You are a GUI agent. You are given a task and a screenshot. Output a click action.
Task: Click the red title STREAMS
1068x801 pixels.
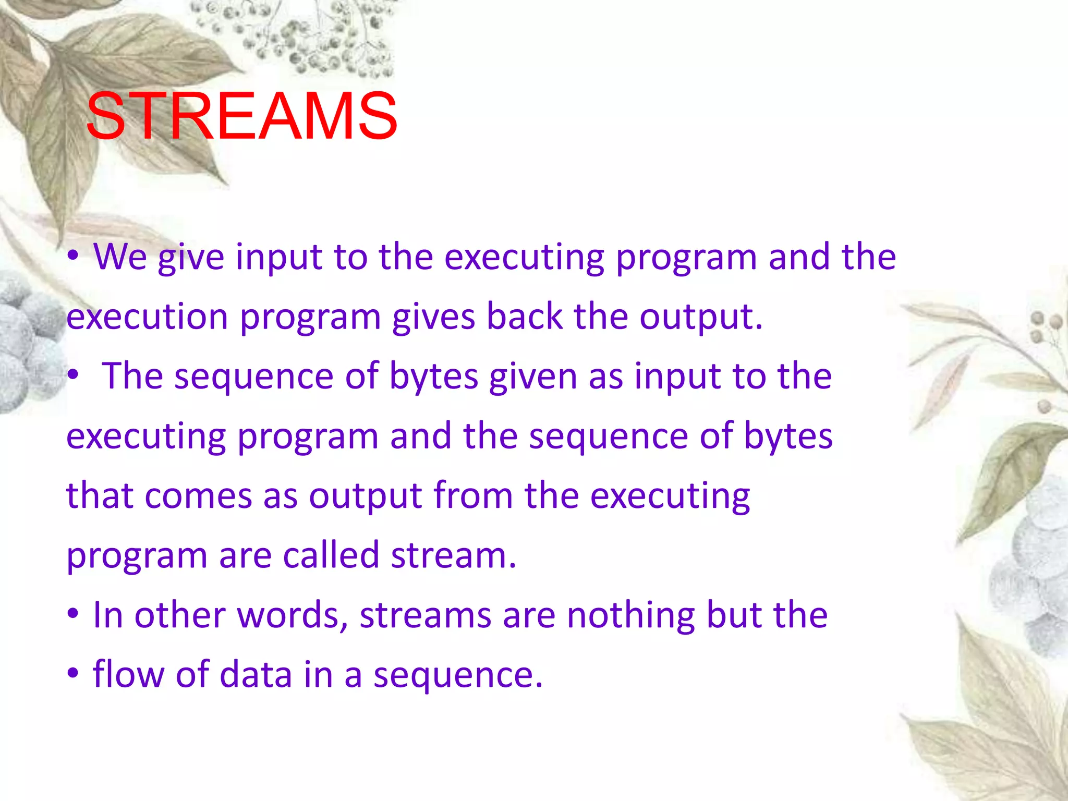point(241,116)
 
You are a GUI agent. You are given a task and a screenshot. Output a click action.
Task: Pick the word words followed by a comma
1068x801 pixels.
point(293,615)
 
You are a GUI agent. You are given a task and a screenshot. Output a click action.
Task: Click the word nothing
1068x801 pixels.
point(630,615)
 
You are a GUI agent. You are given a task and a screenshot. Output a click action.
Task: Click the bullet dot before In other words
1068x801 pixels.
point(73,614)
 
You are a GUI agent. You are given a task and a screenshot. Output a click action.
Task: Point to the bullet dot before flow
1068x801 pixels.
point(73,673)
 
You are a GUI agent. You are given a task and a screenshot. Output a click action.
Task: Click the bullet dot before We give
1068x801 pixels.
point(73,256)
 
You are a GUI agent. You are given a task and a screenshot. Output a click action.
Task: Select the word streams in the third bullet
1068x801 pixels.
point(425,615)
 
